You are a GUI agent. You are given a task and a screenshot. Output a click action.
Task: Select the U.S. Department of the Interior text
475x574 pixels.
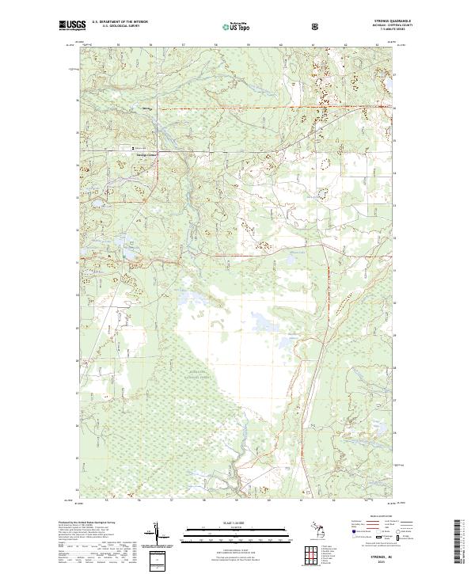click(120, 22)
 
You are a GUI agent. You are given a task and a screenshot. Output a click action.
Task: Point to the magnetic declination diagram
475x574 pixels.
click(167, 538)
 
